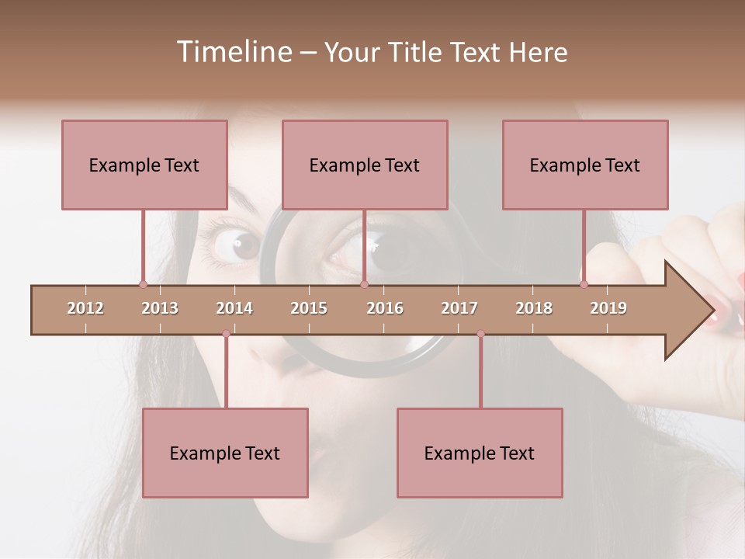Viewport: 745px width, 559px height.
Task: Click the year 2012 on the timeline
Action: point(85,308)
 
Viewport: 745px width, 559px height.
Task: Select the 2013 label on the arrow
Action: point(160,308)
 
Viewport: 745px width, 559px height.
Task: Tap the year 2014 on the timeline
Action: point(234,308)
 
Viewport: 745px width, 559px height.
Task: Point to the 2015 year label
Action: point(309,308)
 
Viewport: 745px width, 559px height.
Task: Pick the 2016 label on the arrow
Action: point(385,308)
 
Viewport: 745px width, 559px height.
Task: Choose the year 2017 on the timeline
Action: point(459,308)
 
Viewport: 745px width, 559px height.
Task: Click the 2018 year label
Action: point(534,308)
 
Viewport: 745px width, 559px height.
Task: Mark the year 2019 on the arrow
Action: point(608,308)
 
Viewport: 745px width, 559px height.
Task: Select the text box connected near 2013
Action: point(144,165)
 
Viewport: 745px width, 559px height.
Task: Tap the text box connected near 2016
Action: point(365,165)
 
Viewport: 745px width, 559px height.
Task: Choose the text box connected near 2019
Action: point(585,165)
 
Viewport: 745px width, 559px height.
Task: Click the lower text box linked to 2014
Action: point(225,453)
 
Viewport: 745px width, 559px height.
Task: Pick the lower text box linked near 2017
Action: point(480,453)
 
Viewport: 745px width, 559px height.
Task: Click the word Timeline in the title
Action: point(232,52)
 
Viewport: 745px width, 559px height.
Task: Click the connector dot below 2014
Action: point(226,334)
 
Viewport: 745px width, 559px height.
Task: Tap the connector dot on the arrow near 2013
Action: point(143,284)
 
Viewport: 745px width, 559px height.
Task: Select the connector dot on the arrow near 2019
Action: point(584,284)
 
